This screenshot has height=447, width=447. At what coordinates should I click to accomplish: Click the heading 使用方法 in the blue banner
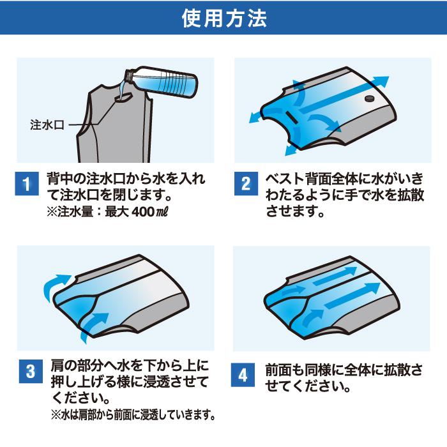tap(224, 19)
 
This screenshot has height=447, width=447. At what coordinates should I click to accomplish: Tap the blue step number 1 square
tap(27, 184)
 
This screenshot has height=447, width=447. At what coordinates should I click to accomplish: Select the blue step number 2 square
tap(246, 184)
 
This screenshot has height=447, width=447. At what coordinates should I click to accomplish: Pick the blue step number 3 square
tap(31, 371)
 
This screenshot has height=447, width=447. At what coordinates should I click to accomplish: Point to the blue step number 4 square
tap(243, 375)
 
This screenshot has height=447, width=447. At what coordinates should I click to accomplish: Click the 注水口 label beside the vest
tap(47, 125)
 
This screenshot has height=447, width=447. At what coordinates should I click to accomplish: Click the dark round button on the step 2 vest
tap(370, 98)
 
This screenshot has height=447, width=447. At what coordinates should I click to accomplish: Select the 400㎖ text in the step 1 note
tap(150, 212)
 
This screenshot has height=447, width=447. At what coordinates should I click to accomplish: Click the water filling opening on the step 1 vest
tap(124, 98)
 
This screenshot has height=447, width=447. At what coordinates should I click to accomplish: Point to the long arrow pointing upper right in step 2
tap(344, 94)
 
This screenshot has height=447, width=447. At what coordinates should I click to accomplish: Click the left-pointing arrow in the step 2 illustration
tap(258, 117)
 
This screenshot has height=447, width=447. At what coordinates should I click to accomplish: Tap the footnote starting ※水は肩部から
tap(133, 415)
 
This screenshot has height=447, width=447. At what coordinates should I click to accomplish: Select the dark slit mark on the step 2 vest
tap(292, 117)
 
